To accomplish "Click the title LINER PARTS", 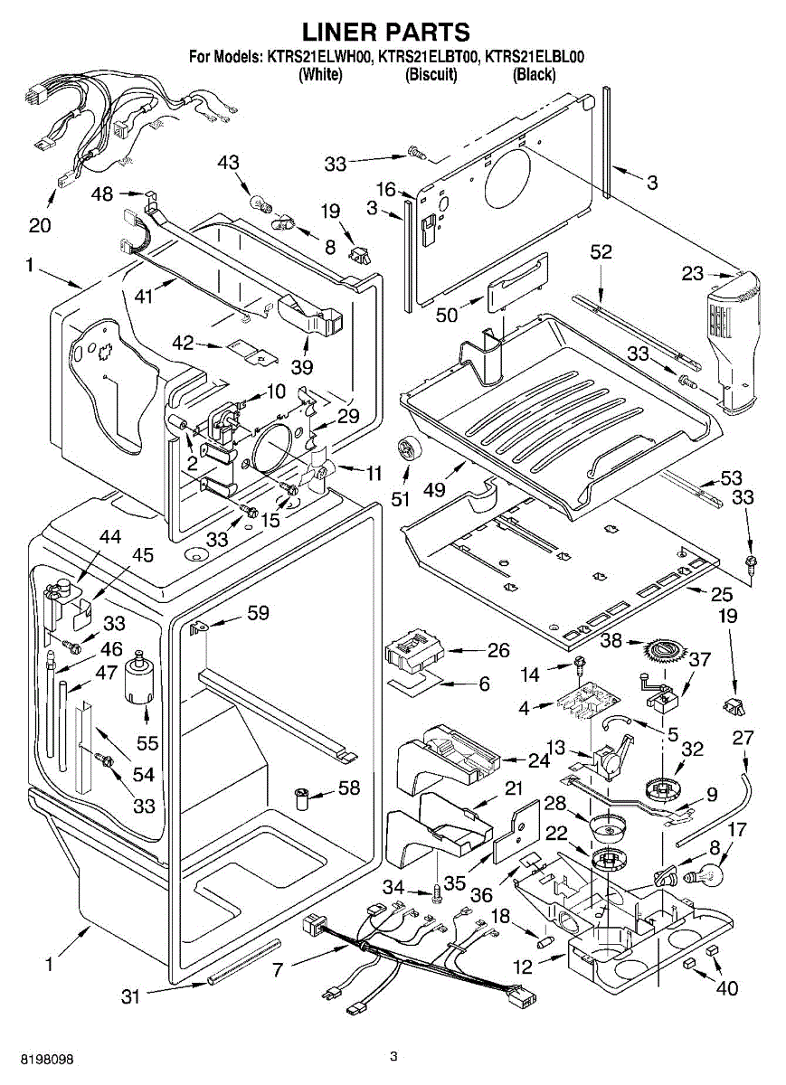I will (386, 33).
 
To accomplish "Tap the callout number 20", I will (40, 225).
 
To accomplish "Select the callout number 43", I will (229, 162).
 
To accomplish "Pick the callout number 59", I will (258, 613).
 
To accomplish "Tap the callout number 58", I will (348, 788).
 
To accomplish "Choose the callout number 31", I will (132, 996).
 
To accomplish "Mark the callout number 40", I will (726, 988).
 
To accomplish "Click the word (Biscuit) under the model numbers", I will (431, 75).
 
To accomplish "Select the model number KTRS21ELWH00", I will (319, 56).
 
